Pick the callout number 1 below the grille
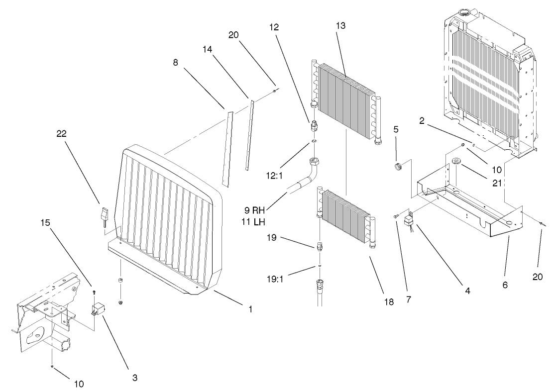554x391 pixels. [x=250, y=309]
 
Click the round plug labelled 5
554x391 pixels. [x=398, y=167]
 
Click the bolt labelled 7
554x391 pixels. [x=395, y=215]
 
